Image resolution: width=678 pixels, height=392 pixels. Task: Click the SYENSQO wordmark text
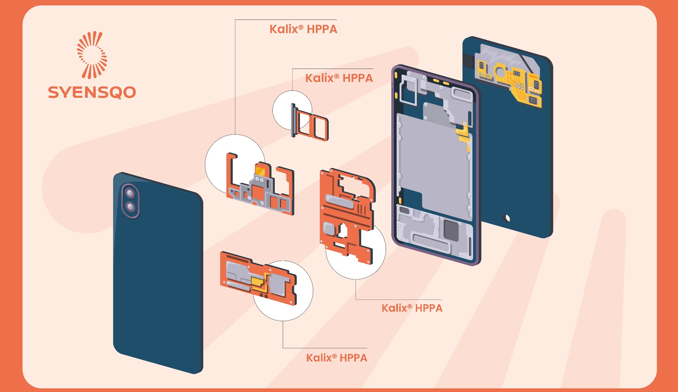tap(92, 92)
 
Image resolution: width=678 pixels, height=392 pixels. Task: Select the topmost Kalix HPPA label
tap(303, 29)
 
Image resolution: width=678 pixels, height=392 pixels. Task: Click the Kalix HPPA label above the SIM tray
tap(339, 78)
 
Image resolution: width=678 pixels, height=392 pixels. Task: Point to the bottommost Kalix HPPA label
tap(336, 358)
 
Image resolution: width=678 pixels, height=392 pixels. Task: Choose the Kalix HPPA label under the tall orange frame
tap(412, 308)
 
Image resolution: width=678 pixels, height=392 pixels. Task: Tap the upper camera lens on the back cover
tap(130, 193)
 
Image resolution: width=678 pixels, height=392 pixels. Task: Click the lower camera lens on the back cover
tap(131, 207)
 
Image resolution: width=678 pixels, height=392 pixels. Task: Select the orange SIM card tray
tap(313, 126)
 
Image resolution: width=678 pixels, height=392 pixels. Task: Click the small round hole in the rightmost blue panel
tap(506, 218)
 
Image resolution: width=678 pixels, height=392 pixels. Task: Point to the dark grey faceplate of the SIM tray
tap(293, 120)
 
